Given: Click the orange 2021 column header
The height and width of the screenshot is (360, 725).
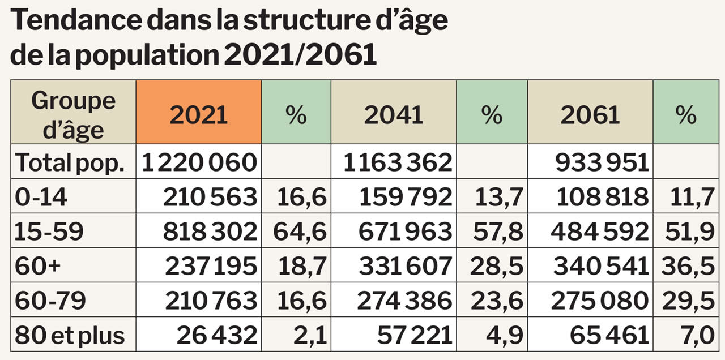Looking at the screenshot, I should pyautogui.click(x=198, y=114).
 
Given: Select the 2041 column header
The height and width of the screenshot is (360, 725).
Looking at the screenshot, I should pyautogui.click(x=393, y=114).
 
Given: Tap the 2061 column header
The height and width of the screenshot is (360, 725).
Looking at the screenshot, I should pyautogui.click(x=590, y=114).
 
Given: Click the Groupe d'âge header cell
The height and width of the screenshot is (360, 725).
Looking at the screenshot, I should pyautogui.click(x=73, y=115).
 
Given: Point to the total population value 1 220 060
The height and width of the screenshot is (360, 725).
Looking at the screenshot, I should pyautogui.click(x=199, y=162).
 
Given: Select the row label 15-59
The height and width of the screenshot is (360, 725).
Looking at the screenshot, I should pyautogui.click(x=50, y=232).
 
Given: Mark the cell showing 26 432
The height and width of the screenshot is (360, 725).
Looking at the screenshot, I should pyautogui.click(x=216, y=335).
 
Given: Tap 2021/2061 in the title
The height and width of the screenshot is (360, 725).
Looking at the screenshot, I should pyautogui.click(x=300, y=55).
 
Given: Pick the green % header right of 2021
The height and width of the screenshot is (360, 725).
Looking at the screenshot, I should pyautogui.click(x=296, y=114).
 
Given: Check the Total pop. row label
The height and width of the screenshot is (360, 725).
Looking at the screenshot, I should pyautogui.click(x=69, y=162).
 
